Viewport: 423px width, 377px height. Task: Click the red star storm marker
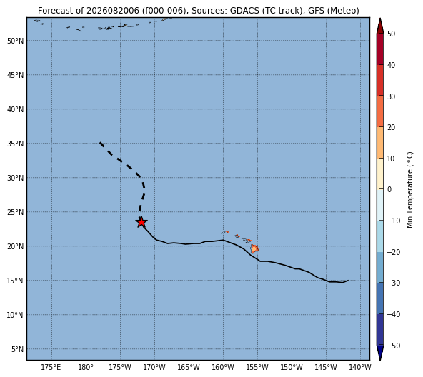pyautogui.click(x=141, y=222)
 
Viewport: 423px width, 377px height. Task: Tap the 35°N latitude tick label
pyautogui.click(x=16, y=144)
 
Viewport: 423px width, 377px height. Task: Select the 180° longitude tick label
pyautogui.click(x=86, y=367)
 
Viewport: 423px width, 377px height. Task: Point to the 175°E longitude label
pyautogui.click(x=51, y=367)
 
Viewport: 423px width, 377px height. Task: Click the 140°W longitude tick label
pyautogui.click(x=360, y=367)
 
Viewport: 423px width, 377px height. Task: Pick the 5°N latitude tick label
pyautogui.click(x=17, y=349)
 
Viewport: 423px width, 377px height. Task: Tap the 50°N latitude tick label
pyautogui.click(x=16, y=41)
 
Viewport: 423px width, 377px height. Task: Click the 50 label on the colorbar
pyautogui.click(x=391, y=34)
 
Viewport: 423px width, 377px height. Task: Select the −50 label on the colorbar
pyautogui.click(x=394, y=346)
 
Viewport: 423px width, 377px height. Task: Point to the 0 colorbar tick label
pyautogui.click(x=389, y=190)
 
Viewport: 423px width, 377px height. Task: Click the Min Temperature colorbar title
pyautogui.click(x=410, y=190)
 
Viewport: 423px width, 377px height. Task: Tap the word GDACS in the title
pyautogui.click(x=244, y=11)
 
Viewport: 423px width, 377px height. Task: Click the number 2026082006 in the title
pyautogui.click(x=113, y=11)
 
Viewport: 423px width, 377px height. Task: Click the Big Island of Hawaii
pyautogui.click(x=254, y=248)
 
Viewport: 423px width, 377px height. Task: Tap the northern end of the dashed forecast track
pyautogui.click(x=100, y=142)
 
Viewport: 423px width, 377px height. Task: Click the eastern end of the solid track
pyautogui.click(x=348, y=281)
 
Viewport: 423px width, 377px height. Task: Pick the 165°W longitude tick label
pyautogui.click(x=189, y=367)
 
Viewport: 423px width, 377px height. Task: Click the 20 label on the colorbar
pyautogui.click(x=391, y=127)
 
